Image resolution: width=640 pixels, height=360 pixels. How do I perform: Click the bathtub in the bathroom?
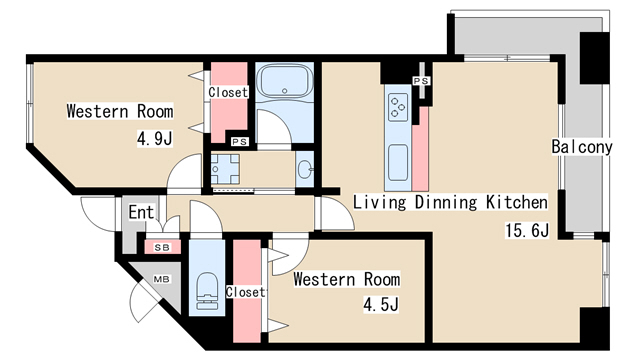pyautogui.click(x=284, y=80)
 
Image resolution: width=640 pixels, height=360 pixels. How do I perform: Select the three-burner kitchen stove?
pyautogui.click(x=398, y=107)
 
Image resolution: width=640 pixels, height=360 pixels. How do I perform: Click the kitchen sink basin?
pyautogui.click(x=398, y=162)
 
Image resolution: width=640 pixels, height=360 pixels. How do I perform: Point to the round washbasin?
pyautogui.click(x=305, y=169)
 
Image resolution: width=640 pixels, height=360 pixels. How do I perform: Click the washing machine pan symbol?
pyautogui.click(x=225, y=169)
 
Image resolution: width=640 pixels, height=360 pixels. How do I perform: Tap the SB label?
pyautogui.click(x=162, y=247)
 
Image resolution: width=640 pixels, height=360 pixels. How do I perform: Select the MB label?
pyautogui.click(x=161, y=280)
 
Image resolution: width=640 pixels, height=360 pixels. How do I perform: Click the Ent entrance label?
pyautogui.click(x=141, y=212)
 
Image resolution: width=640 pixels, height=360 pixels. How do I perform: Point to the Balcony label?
pyautogui.click(x=582, y=147)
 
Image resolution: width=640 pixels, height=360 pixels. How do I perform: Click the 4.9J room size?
pyautogui.click(x=155, y=139)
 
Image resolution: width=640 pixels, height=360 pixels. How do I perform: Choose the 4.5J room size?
pyautogui.click(x=381, y=304)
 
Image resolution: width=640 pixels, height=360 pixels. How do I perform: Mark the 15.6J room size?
pyautogui.click(x=527, y=230)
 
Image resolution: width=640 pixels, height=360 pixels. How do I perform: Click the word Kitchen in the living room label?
pyautogui.click(x=516, y=202)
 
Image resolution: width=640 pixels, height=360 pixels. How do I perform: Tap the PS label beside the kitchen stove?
pyautogui.click(x=421, y=81)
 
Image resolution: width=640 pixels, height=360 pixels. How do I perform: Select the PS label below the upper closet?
pyautogui.click(x=240, y=142)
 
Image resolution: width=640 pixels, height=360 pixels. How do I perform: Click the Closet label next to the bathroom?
pyautogui.click(x=228, y=92)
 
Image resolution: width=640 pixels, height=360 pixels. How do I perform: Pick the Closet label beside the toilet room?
pyautogui.click(x=245, y=292)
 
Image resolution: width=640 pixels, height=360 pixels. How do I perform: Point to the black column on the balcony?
pyautogui.click(x=594, y=58)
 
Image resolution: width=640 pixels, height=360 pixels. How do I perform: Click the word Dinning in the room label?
pyautogui.click(x=445, y=202)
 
